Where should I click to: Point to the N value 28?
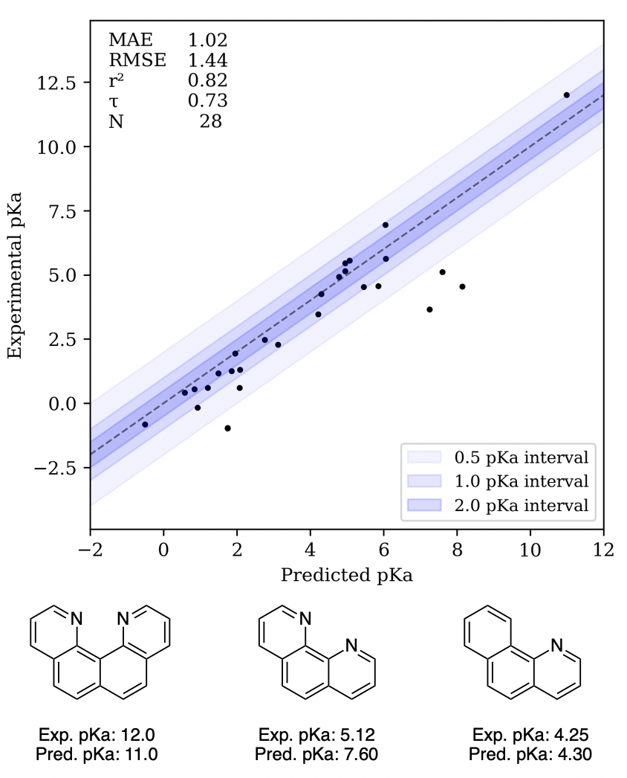[210, 121]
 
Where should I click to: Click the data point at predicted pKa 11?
[566, 95]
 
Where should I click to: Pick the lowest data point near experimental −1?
[227, 428]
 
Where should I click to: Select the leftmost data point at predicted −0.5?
[145, 425]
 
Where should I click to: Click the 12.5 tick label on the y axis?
[57, 83]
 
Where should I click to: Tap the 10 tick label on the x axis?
[530, 551]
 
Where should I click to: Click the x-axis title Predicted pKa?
[346, 576]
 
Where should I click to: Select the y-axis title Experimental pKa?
[14, 275]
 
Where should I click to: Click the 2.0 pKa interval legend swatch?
[423, 506]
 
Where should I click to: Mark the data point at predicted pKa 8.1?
[462, 286]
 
